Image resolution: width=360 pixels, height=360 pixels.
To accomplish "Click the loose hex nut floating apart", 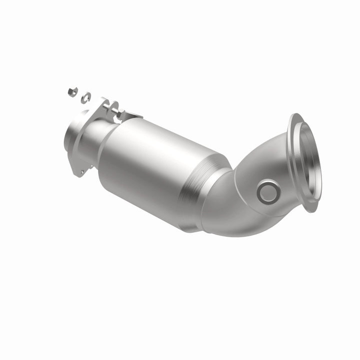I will [x=72, y=91].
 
